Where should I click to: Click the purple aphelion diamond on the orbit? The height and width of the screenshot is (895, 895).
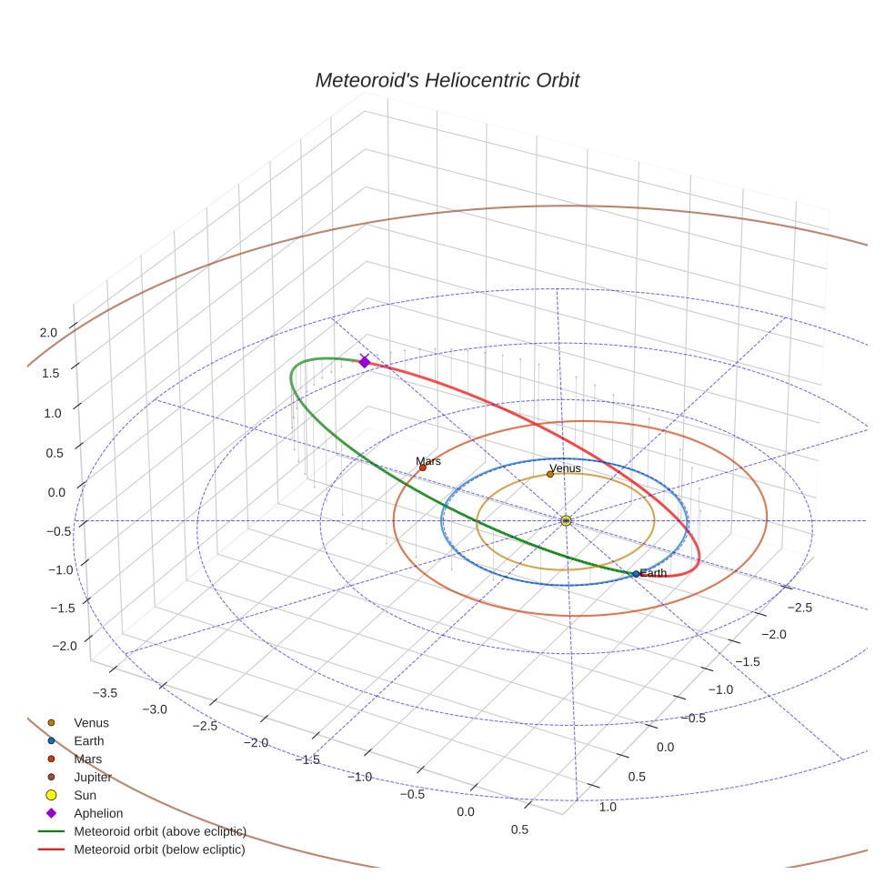click(365, 362)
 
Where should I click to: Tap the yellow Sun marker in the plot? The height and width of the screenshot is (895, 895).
click(566, 520)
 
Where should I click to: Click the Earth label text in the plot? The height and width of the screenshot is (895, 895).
click(653, 573)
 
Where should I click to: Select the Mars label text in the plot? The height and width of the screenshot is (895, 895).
click(428, 461)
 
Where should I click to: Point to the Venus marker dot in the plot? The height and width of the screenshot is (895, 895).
click(550, 474)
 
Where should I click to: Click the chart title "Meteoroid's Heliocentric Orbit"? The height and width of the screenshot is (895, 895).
click(447, 80)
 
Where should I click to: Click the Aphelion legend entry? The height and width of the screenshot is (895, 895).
click(98, 813)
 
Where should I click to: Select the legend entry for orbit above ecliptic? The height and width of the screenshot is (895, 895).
click(159, 831)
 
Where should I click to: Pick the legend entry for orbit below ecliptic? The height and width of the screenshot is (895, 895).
click(159, 850)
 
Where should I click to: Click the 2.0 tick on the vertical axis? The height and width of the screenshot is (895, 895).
click(48, 333)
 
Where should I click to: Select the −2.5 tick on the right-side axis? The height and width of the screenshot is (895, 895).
click(799, 607)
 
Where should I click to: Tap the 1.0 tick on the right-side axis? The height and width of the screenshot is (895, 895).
click(607, 807)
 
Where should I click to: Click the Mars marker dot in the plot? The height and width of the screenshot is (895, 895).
click(422, 468)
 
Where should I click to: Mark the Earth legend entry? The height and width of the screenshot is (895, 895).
click(88, 740)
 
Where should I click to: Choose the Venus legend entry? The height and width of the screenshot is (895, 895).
click(91, 722)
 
